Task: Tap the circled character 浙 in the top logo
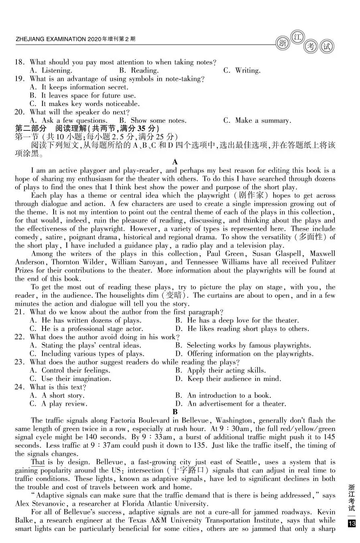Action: pos(283,43)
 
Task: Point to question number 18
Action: pos(20,62)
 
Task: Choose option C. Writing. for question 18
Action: pos(242,70)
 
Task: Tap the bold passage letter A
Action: pos(175,162)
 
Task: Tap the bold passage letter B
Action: pos(175,412)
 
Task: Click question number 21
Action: pos(20,312)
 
